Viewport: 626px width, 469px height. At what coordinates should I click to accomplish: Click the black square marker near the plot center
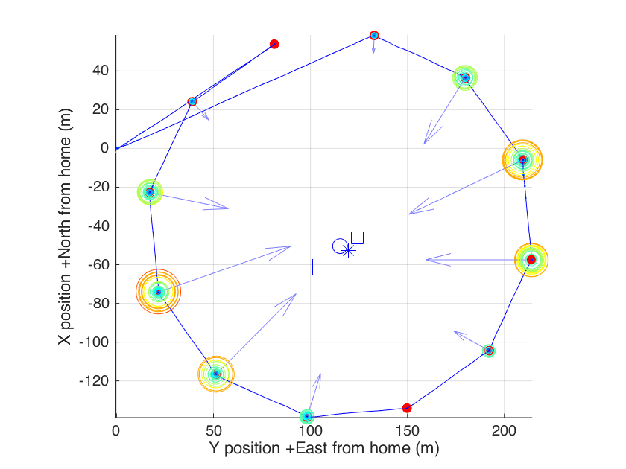357,237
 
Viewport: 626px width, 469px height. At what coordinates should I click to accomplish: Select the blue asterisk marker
348,250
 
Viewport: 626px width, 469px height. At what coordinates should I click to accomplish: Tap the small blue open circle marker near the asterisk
339,245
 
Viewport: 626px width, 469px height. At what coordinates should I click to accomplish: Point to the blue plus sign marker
313,267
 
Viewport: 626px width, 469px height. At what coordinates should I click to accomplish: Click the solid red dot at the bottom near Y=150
407,408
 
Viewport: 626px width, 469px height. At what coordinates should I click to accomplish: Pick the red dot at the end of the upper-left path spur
274,44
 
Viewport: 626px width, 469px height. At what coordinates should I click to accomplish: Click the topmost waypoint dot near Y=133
374,35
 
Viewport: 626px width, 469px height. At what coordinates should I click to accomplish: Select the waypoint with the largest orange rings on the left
158,292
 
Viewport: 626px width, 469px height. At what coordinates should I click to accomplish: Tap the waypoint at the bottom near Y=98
306,416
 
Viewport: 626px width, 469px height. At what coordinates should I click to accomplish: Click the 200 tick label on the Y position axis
505,431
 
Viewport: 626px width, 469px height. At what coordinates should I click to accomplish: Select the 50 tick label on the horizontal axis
213,431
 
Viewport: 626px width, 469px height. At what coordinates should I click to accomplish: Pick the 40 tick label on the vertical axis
101,71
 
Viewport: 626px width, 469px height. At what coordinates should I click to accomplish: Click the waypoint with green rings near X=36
465,77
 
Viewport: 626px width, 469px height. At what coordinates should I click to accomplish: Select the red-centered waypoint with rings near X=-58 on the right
531,260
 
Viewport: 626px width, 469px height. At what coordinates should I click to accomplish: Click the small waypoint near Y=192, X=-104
489,351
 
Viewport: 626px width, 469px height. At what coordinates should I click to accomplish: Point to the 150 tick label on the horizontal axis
408,431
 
